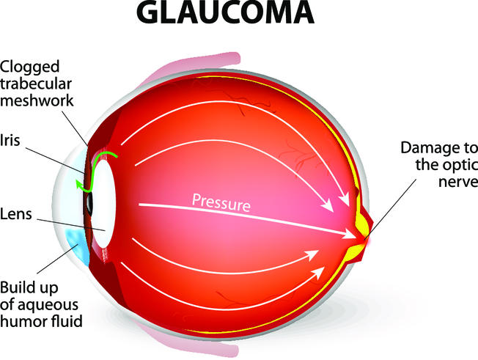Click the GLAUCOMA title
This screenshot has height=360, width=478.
point(225,12)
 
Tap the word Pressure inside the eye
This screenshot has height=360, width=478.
point(221,202)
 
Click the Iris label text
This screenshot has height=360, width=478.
point(10,141)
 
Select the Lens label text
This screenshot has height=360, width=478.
point(16,213)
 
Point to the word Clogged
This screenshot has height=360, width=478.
point(29,67)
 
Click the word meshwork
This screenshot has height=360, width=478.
point(37,100)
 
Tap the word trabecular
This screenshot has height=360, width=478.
point(36,84)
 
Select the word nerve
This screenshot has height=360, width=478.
point(458,182)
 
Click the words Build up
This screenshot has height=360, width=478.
point(29,288)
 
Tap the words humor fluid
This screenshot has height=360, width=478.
point(41,321)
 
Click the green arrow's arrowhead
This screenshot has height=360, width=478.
point(80,185)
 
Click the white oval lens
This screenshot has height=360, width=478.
point(103,202)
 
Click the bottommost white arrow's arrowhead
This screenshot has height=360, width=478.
point(319,272)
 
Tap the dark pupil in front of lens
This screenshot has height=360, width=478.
point(89,202)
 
